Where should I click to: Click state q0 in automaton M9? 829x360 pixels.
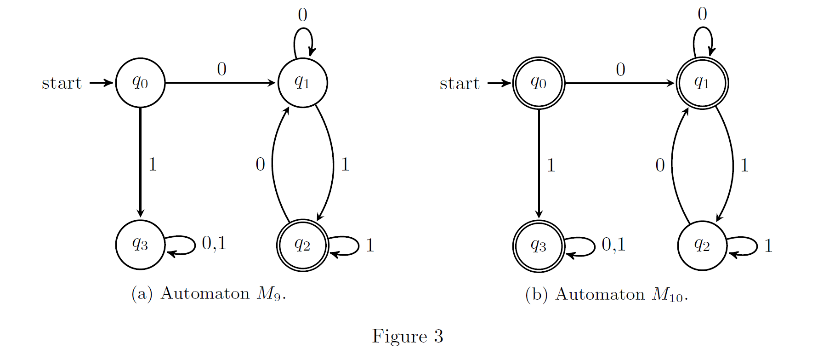tap(140, 83)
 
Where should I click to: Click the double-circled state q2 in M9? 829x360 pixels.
tap(302, 245)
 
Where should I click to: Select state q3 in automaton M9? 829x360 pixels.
tap(140, 245)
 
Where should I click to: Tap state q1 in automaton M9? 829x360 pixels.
tap(302, 83)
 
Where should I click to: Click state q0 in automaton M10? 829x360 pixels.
tap(539, 83)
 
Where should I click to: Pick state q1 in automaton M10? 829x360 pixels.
tap(702, 83)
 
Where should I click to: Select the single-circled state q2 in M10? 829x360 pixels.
tap(702, 246)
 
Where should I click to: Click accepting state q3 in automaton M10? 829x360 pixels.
tap(539, 246)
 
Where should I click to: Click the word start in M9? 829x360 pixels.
tap(62, 83)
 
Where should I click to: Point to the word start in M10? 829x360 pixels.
tap(460, 84)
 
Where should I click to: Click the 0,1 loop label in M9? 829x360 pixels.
tap(214, 243)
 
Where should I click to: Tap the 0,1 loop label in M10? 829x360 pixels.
tap(614, 245)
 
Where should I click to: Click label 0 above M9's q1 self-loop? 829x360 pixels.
tap(302, 15)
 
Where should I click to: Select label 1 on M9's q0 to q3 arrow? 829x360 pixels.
tap(153, 164)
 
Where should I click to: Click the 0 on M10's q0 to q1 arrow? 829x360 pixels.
tap(620, 70)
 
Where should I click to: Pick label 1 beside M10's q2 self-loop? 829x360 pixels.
tap(768, 246)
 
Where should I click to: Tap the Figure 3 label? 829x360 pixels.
tap(408, 336)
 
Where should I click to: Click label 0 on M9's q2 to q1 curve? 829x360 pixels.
tap(260, 164)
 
